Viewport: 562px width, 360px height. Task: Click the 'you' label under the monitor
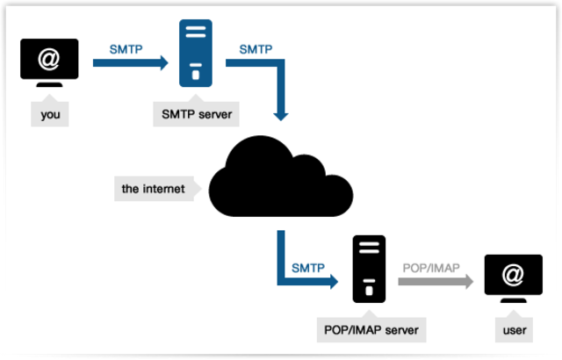point(49,113)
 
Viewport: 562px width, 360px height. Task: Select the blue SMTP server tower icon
point(196,54)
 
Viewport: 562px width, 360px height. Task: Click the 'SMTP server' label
point(196,113)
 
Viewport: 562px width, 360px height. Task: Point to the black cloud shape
point(281,179)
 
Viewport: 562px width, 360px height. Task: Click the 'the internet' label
point(154,188)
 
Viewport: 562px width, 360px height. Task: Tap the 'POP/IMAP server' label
point(367,331)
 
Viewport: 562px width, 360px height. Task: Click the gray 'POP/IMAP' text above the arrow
point(430,266)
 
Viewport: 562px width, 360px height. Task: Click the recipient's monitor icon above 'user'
point(512,281)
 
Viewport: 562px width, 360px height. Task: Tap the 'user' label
point(512,331)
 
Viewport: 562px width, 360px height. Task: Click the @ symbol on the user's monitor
point(512,276)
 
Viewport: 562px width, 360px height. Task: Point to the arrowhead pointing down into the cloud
point(281,113)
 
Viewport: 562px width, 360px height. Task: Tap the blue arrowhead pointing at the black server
point(331,282)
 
